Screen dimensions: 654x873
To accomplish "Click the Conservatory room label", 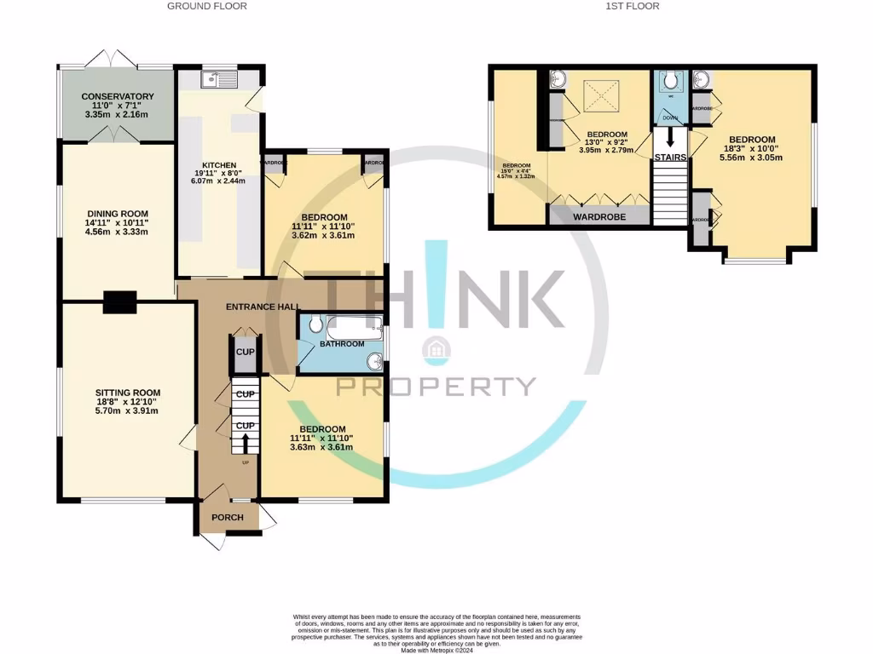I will click(119, 97).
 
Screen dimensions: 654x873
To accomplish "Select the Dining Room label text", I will click(118, 214).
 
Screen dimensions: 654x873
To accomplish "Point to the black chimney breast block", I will click(119, 301).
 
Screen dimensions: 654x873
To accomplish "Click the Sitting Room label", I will click(126, 393).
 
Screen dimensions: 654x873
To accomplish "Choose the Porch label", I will click(227, 518).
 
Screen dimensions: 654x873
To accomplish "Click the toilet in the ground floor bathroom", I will click(313, 324).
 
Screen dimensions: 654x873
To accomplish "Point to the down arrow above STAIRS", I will click(669, 136).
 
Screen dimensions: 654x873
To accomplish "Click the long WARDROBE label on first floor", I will click(598, 217).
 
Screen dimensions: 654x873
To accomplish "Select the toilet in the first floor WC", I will click(670, 81).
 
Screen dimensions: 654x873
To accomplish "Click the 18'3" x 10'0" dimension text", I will click(751, 149).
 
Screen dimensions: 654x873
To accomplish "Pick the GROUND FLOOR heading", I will click(207, 7).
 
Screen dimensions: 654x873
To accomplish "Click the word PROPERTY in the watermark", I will click(436, 386).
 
